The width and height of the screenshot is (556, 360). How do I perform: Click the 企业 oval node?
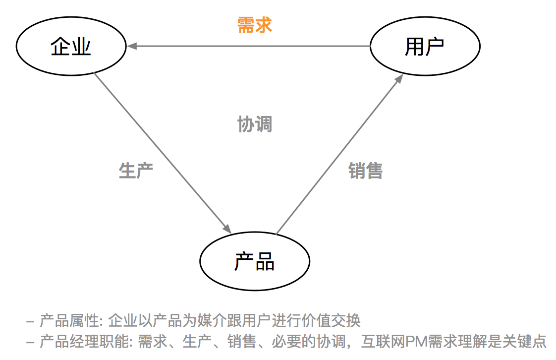coord(71,47)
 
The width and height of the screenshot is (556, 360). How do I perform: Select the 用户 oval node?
coord(425,47)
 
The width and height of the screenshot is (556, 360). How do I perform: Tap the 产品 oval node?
coord(255,261)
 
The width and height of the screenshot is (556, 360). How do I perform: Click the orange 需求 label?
coord(255,25)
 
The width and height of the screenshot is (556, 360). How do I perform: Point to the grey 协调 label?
coord(255,124)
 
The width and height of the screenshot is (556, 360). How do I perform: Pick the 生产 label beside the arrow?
coord(136,170)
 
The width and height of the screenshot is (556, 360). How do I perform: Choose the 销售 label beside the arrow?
coord(365,171)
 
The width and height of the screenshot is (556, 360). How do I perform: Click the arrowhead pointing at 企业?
coord(131,47)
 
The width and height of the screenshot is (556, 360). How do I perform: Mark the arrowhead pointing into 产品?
coord(227,229)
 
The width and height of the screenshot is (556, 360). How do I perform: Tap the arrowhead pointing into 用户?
coord(399,79)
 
